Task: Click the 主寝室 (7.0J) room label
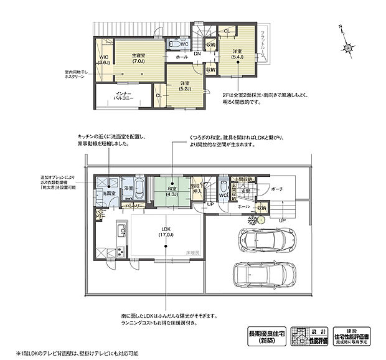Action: [138, 59]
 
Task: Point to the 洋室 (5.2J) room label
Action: [185, 87]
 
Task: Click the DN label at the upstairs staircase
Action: [197, 54]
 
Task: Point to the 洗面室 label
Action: [103, 194]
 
